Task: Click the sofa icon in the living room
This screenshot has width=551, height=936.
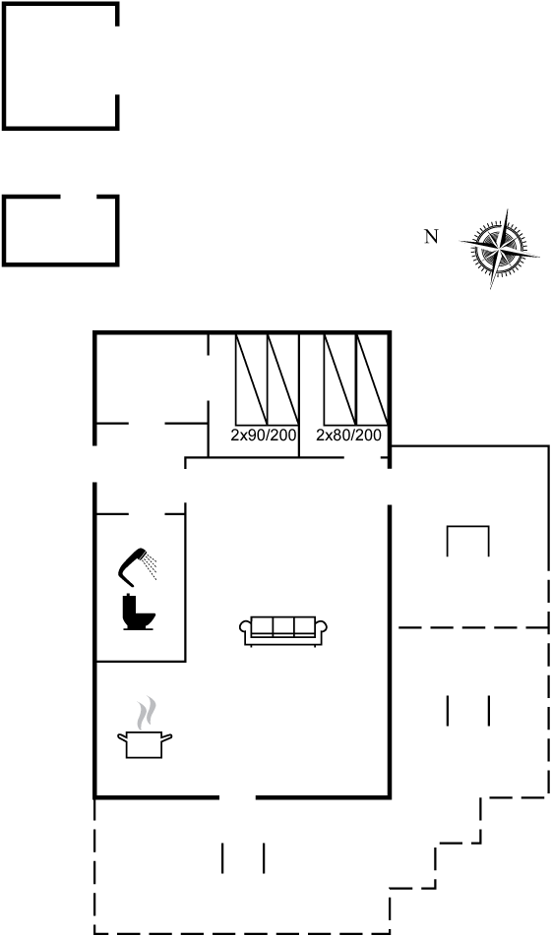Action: (283, 631)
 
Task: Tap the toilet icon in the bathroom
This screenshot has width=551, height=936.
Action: (138, 613)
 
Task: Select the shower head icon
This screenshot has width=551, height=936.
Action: (133, 567)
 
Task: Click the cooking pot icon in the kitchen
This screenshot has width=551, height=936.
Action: (145, 744)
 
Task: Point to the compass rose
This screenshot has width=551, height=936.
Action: (499, 249)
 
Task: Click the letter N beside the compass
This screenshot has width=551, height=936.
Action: (431, 236)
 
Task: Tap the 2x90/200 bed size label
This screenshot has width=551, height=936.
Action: (264, 436)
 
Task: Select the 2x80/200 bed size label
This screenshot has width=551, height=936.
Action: (348, 436)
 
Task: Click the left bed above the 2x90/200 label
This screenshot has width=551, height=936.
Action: (251, 380)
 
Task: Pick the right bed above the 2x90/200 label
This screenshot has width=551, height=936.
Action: (282, 380)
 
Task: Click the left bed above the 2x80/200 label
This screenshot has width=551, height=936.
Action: (340, 380)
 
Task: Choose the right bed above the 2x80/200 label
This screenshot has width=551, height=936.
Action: (372, 380)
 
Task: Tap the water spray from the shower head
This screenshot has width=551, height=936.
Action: (151, 566)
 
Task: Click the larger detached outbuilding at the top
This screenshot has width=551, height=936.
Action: (60, 66)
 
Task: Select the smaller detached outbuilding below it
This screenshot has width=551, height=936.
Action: (60, 230)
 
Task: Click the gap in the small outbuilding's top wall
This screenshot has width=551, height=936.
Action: (79, 197)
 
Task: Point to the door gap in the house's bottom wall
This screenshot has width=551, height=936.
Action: (237, 797)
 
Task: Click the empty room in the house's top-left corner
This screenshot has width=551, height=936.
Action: (152, 379)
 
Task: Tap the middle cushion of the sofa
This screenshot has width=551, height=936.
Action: (283, 627)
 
